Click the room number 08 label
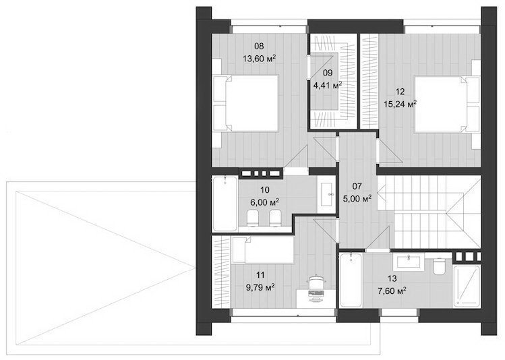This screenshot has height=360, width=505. [259, 47]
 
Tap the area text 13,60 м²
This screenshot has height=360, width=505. [260, 59]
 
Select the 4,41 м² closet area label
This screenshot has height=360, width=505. [328, 85]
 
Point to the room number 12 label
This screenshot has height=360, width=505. [400, 92]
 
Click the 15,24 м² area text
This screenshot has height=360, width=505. [400, 104]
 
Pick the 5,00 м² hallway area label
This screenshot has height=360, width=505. [357, 198]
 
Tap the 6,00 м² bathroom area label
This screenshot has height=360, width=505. [264, 202]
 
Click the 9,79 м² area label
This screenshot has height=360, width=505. [260, 287]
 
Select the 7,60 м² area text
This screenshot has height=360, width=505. [391, 291]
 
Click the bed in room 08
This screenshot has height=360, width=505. [246, 103]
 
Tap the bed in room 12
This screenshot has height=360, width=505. [447, 104]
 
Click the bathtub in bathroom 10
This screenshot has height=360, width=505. [225, 204]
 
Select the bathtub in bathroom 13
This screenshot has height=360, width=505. [351, 280]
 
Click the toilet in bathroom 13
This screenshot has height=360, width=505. [438, 266]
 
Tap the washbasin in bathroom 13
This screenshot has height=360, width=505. [409, 262]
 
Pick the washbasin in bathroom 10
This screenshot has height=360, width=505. [327, 194]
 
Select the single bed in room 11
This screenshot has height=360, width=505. [263, 251]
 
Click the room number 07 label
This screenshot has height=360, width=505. [357, 186]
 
